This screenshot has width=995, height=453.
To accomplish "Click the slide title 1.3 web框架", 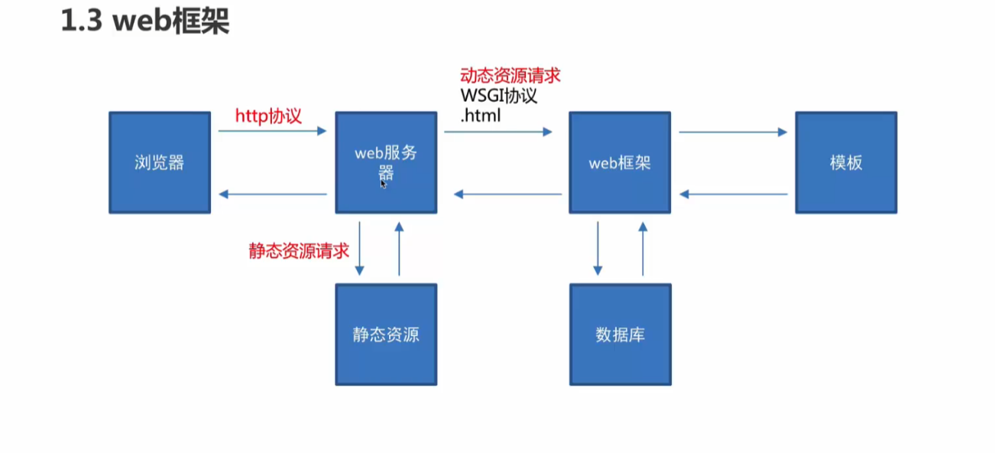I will point(145,22).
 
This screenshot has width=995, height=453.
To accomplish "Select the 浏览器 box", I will point(159,162).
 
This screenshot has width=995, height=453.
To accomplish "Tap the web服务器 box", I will point(386,162).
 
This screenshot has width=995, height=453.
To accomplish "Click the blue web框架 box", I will point(620,162).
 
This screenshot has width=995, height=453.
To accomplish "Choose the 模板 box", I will point(845,162).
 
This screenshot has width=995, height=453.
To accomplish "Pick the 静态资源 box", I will point(386,334).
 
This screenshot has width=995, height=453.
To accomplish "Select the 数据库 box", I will point(620,334).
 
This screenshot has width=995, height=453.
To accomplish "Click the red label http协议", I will point(268,116).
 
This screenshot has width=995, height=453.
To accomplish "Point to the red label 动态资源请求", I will point(510,76).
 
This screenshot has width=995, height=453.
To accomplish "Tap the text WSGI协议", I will point(499,97).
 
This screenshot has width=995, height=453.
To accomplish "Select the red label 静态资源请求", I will point(299,252).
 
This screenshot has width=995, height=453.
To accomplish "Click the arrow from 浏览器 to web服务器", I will point(272,132).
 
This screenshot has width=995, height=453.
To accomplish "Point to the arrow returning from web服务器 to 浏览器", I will point(272,194).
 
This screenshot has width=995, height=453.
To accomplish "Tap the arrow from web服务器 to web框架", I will point(498,132).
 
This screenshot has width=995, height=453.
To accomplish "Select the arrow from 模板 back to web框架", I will point(734,194).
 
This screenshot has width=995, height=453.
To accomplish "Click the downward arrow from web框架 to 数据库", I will point(598,249).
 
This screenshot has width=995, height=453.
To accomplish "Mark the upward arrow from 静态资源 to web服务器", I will point(398,249).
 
